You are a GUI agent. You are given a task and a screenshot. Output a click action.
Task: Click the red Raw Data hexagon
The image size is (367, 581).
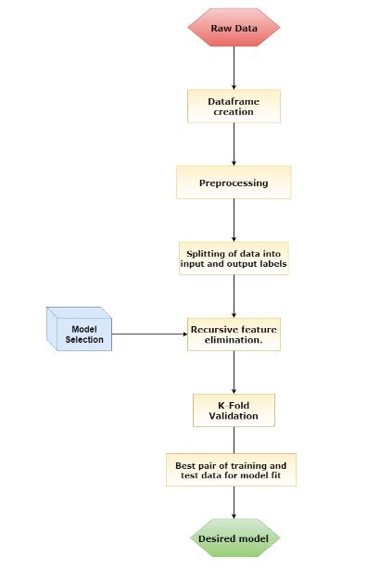234,28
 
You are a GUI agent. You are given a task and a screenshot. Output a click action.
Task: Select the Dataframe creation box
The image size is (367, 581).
234,105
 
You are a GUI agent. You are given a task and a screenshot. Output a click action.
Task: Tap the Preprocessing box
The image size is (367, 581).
234,183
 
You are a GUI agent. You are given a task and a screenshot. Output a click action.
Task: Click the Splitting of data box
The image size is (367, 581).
234,257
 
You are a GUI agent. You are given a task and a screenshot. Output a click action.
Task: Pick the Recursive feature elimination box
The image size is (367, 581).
234,334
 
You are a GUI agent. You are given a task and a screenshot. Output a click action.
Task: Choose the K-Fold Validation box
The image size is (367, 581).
234,410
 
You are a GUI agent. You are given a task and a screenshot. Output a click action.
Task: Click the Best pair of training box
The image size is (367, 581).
234,471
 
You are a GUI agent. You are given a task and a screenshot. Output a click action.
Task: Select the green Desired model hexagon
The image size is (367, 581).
234,538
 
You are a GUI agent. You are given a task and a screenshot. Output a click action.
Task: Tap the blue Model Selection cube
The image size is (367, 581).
80,331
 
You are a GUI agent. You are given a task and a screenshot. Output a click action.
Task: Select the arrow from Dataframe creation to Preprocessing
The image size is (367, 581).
234,144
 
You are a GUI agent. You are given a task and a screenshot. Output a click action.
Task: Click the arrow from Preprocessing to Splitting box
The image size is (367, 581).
234,221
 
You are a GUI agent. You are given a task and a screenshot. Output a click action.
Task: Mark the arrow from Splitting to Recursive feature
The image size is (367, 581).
234,296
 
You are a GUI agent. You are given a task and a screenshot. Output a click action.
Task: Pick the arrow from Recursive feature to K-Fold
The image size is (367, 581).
234,373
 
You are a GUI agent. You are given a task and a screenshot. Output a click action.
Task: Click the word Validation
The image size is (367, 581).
234,417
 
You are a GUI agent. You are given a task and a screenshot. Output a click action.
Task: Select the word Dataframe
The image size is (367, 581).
234,98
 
